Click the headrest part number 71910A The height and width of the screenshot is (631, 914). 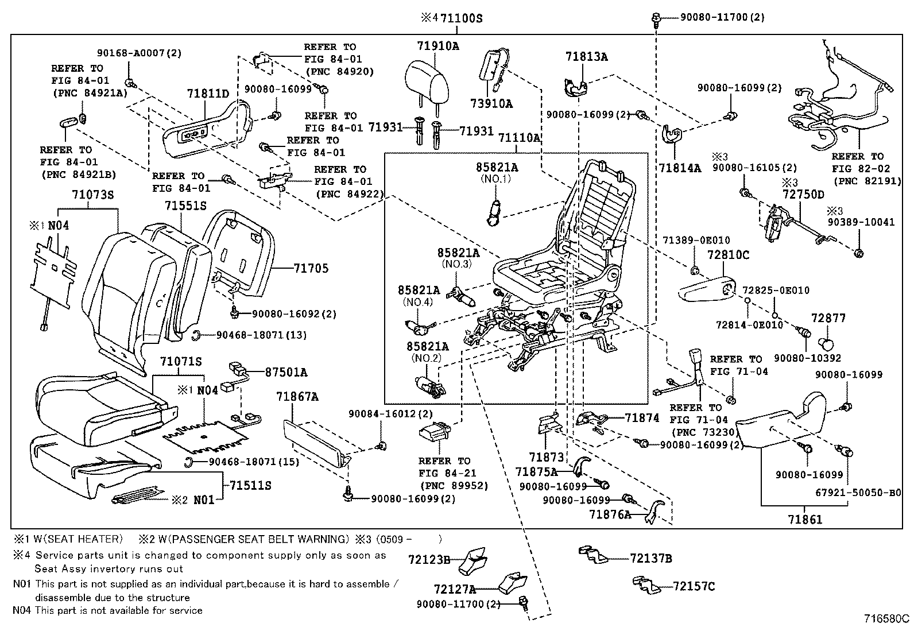click(438, 46)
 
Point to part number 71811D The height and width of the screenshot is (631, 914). click(208, 94)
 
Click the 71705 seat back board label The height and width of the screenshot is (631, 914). click(311, 268)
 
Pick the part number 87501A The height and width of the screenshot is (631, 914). click(285, 372)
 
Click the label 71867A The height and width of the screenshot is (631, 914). click(297, 397)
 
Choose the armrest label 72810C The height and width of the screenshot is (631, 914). click(728, 255)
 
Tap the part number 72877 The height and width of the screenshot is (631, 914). click(828, 318)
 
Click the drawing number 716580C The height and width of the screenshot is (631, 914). click(887, 619)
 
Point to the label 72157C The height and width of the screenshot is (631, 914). click(694, 586)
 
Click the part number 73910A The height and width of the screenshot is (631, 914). click(491, 104)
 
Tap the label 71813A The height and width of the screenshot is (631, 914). click(586, 57)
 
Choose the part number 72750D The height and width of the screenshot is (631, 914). click(803, 195)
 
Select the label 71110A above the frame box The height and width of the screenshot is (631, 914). click(519, 138)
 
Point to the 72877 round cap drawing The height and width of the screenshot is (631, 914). click(827, 344)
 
